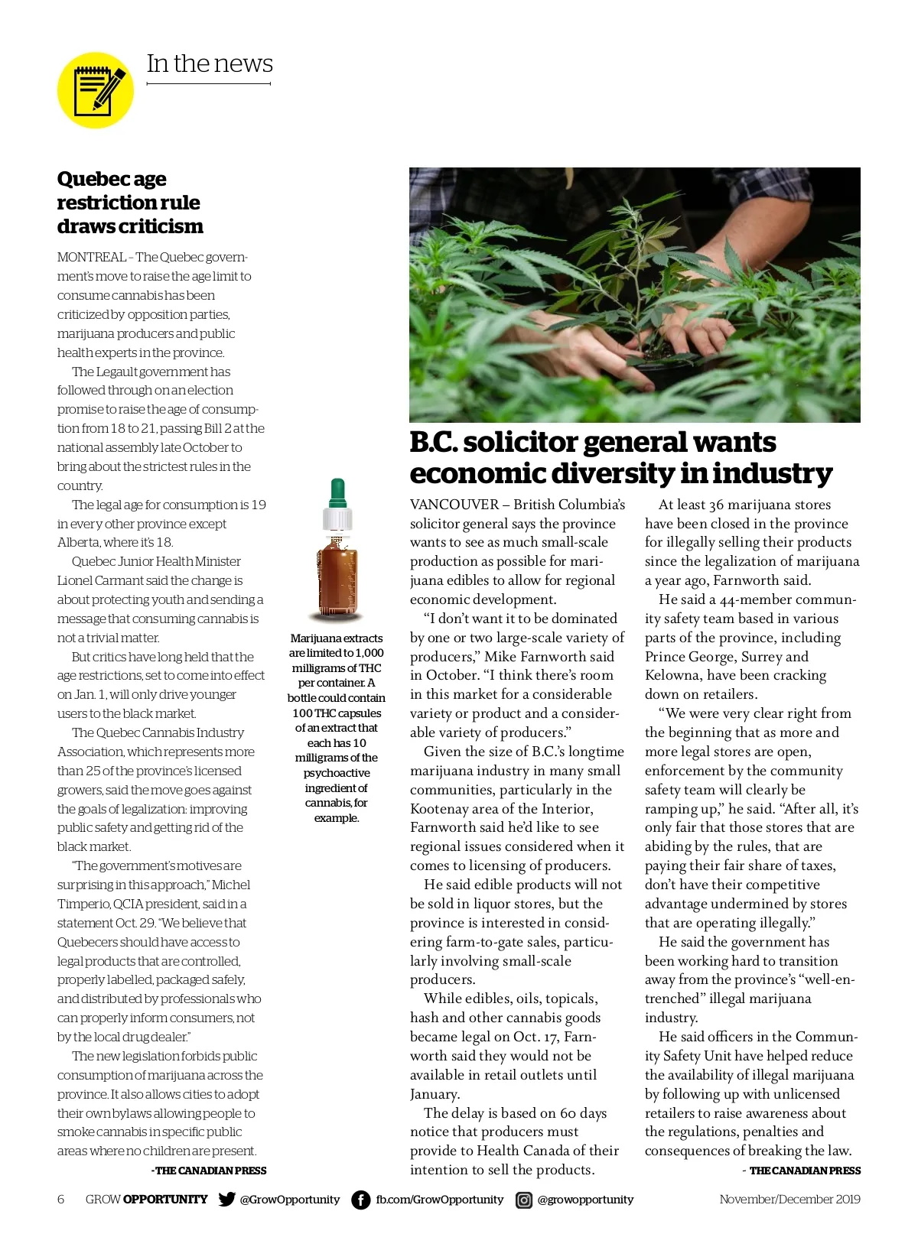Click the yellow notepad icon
[x=96, y=90]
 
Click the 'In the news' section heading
[x=210, y=63]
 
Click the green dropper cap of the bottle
[x=337, y=492]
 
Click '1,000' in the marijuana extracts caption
[x=369, y=653]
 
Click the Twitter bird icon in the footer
[x=226, y=1199]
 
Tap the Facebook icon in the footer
[x=360, y=1200]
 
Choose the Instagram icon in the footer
[x=524, y=1200]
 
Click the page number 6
[x=61, y=1199]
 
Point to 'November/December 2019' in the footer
[x=789, y=1199]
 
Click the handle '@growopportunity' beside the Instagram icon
[x=585, y=1200]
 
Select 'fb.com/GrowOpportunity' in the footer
[x=439, y=1200]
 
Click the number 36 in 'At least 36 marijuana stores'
[x=716, y=505]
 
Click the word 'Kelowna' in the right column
[x=672, y=675]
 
